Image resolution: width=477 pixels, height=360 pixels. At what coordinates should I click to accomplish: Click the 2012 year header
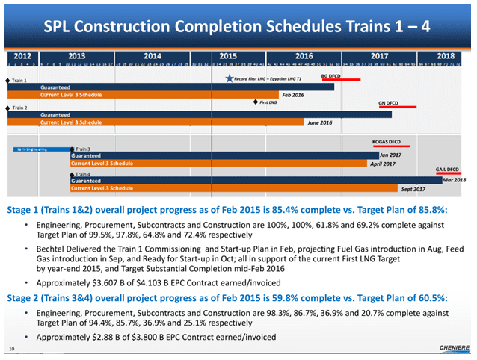[22, 55]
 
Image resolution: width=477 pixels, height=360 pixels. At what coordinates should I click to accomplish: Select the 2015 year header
[228, 55]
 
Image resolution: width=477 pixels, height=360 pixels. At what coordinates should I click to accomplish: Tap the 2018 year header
[446, 55]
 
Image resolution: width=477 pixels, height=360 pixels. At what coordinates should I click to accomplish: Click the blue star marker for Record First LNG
[229, 78]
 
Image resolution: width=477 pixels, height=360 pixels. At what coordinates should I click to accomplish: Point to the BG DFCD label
[330, 76]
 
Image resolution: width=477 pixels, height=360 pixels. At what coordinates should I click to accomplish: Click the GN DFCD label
[388, 102]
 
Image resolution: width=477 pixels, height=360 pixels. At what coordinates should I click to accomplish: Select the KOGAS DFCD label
[386, 141]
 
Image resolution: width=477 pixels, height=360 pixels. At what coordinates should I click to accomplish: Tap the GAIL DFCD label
[447, 170]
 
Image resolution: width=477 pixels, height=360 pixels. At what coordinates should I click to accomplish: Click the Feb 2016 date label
[292, 96]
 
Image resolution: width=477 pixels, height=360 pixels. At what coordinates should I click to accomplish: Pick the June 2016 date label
[319, 122]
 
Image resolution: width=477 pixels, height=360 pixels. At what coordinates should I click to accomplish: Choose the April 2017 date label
[382, 163]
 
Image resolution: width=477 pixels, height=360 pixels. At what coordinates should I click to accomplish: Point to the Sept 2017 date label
[413, 189]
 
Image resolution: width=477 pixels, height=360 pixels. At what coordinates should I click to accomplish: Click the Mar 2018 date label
[454, 180]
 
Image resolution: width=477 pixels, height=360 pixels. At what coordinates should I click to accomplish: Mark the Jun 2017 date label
[390, 155]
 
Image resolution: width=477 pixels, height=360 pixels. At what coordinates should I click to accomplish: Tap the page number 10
[11, 349]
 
